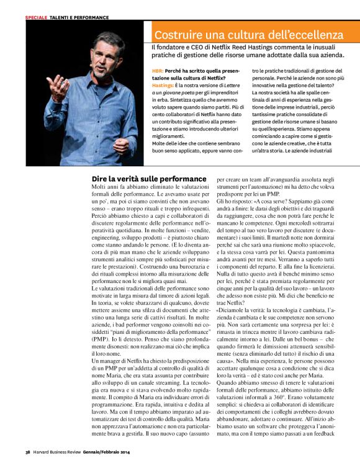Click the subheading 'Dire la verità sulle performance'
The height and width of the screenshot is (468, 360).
[x=148, y=179]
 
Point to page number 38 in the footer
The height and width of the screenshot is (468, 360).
[x=29, y=451]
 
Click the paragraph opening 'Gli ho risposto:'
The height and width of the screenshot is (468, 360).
[x=236, y=202]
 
